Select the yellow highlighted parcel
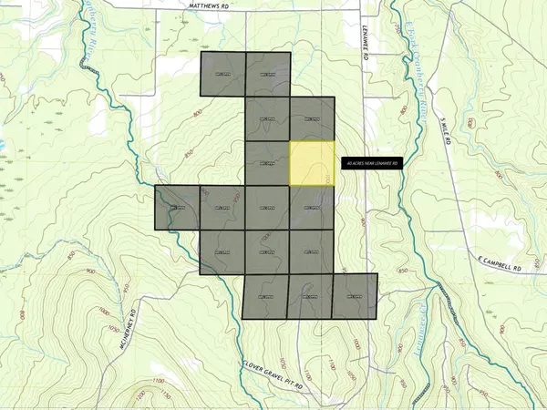point(312,164)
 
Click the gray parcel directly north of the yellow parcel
point(312,119)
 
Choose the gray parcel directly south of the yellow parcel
point(312,208)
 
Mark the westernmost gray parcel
point(177,208)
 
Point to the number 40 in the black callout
point(349,163)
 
